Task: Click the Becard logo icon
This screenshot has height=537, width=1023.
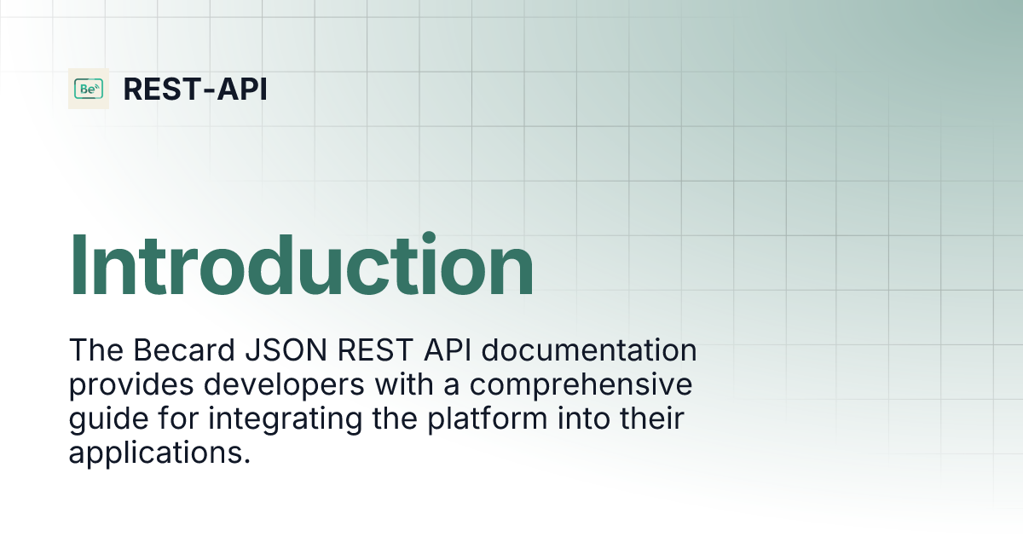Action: pyautogui.click(x=89, y=89)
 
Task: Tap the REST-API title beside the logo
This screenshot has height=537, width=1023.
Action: pyautogui.click(x=195, y=89)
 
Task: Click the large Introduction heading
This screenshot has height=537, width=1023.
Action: pyautogui.click(x=301, y=265)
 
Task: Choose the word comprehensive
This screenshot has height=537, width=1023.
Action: pyautogui.click(x=581, y=385)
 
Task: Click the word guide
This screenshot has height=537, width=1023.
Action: pyautogui.click(x=102, y=419)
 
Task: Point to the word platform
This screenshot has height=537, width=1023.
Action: pyautogui.click(x=490, y=419)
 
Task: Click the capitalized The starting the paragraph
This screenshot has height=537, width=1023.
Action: pyautogui.click(x=95, y=351)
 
